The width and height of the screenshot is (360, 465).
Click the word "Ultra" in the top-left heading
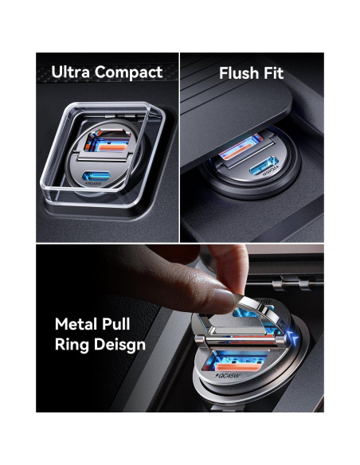69,72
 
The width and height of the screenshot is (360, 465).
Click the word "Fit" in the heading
272,73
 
